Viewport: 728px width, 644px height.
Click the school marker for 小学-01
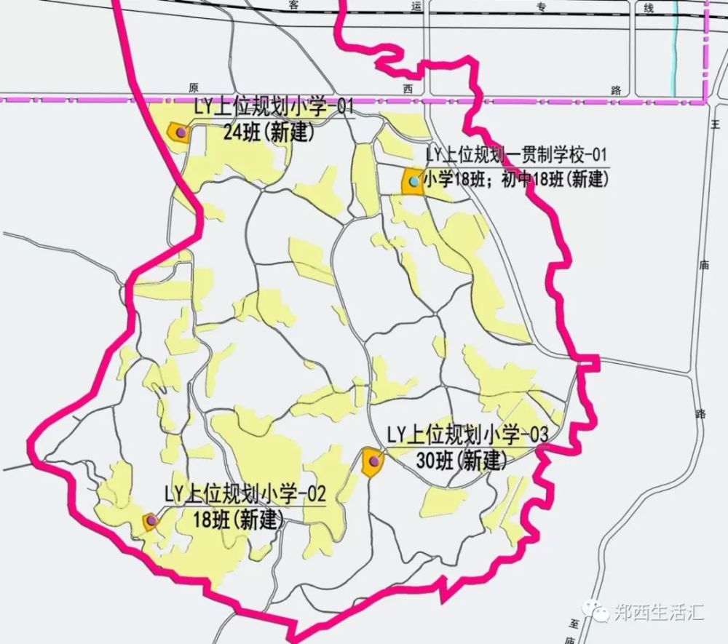point(179,132)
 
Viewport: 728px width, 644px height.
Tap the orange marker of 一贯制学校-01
point(413,181)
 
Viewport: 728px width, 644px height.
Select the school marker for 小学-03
point(373,461)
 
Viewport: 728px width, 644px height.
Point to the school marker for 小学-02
point(151,521)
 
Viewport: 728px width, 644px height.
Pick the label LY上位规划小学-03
point(467,435)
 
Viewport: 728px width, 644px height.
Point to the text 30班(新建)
point(462,460)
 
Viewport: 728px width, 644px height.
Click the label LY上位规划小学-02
point(245,496)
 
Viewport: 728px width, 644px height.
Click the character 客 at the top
point(293,6)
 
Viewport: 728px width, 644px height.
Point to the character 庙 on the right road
point(703,266)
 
